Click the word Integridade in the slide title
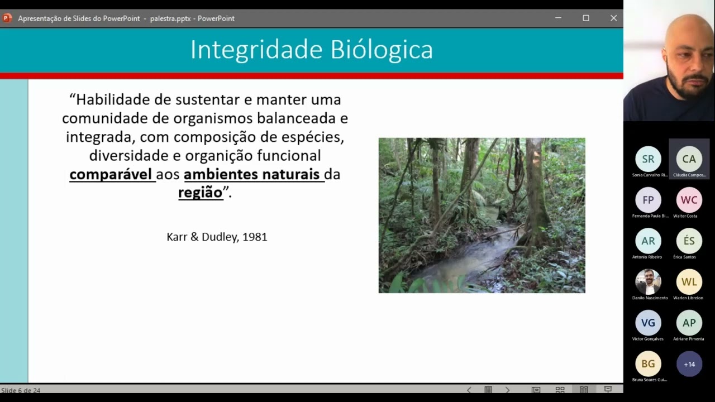tap(256, 50)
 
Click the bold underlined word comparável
tap(111, 174)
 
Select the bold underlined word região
tap(200, 193)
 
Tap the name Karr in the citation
tap(177, 237)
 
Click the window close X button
tap(613, 18)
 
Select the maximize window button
tap(586, 18)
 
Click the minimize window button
tap(558, 18)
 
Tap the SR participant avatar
tap(648, 159)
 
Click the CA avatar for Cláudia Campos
tap(689, 159)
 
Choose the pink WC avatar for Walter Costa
tap(689, 200)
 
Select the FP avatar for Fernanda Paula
tap(648, 200)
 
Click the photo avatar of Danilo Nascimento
tap(648, 282)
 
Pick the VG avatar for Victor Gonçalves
tap(648, 323)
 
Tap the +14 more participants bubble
tap(689, 364)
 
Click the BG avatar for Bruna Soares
tap(648, 364)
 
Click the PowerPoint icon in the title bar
tap(7, 18)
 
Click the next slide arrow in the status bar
tap(507, 390)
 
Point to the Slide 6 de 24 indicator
tap(21, 390)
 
